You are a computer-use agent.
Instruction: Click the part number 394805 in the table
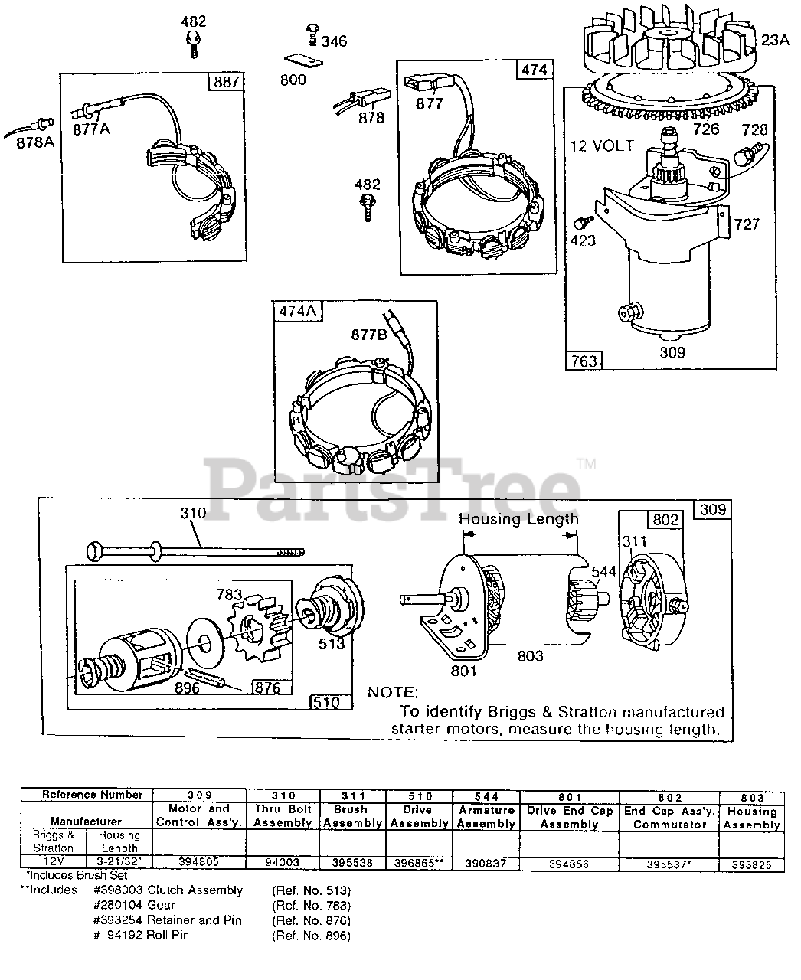(198, 861)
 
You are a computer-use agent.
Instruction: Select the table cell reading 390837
(486, 862)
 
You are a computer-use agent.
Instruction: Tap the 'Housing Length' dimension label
(518, 519)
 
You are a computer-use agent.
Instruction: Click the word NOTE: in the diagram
(393, 692)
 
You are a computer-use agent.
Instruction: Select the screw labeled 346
(312, 34)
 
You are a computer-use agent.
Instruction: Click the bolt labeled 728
(749, 155)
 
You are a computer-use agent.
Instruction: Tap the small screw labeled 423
(582, 222)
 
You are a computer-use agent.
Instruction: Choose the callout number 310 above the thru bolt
(192, 513)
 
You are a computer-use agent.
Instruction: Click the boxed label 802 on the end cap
(665, 519)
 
